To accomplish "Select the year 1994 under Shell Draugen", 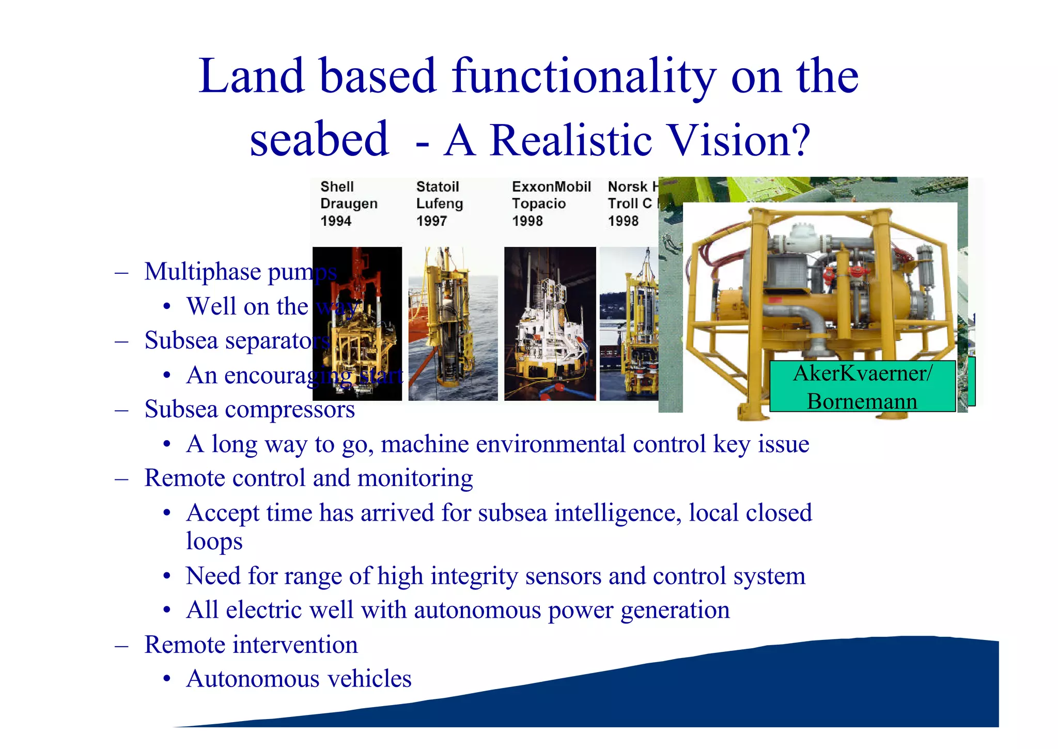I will pos(336,221).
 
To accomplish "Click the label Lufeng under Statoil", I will pos(440,204).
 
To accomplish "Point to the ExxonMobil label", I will pos(551,186).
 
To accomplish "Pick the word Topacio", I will pos(539,204).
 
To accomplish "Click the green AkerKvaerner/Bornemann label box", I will pos(862,386).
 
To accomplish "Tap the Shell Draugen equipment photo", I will pos(357,323).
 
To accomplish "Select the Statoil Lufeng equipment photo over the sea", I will pos(453,323).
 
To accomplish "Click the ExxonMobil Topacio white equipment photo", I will pos(550,323).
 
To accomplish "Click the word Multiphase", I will pos(203,272).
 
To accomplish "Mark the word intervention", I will pos(295,645).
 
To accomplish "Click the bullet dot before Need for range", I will pos(166,576).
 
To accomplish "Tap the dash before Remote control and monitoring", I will pos(122,479).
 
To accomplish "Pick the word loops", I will pos(214,541).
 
